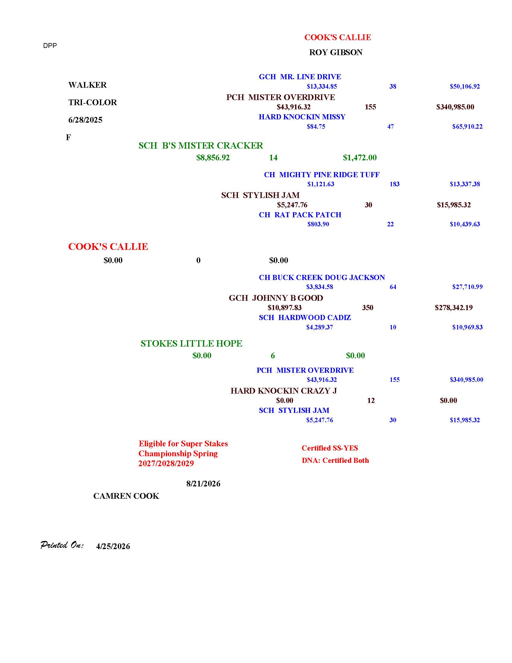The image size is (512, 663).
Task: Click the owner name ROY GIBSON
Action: tap(336, 52)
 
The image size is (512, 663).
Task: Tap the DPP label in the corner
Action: tap(50, 46)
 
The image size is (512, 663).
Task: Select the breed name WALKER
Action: tap(87, 85)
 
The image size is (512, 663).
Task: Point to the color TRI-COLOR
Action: tap(92, 102)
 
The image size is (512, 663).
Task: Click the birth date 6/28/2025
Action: tap(85, 120)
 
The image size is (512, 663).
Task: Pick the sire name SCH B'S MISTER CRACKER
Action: tap(201, 146)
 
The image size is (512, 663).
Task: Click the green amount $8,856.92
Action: tap(213, 158)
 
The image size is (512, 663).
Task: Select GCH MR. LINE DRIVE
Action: tap(300, 77)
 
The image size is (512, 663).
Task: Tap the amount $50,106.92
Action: tap(465, 86)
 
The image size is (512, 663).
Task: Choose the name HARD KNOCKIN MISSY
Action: tap(302, 117)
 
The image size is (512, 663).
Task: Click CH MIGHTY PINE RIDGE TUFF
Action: tap(322, 174)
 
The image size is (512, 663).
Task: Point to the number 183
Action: tap(394, 184)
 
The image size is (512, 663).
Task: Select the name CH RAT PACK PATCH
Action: tap(300, 215)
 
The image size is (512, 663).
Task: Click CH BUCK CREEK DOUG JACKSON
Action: tap(322, 278)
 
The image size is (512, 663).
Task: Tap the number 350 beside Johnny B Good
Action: tap(368, 307)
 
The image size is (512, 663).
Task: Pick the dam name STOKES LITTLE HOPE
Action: tap(191, 343)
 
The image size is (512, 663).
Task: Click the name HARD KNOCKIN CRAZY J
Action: tap(284, 391)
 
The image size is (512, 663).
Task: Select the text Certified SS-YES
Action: tap(330, 448)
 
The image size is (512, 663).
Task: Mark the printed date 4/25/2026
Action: tap(113, 546)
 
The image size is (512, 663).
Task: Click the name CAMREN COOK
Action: tap(126, 496)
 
